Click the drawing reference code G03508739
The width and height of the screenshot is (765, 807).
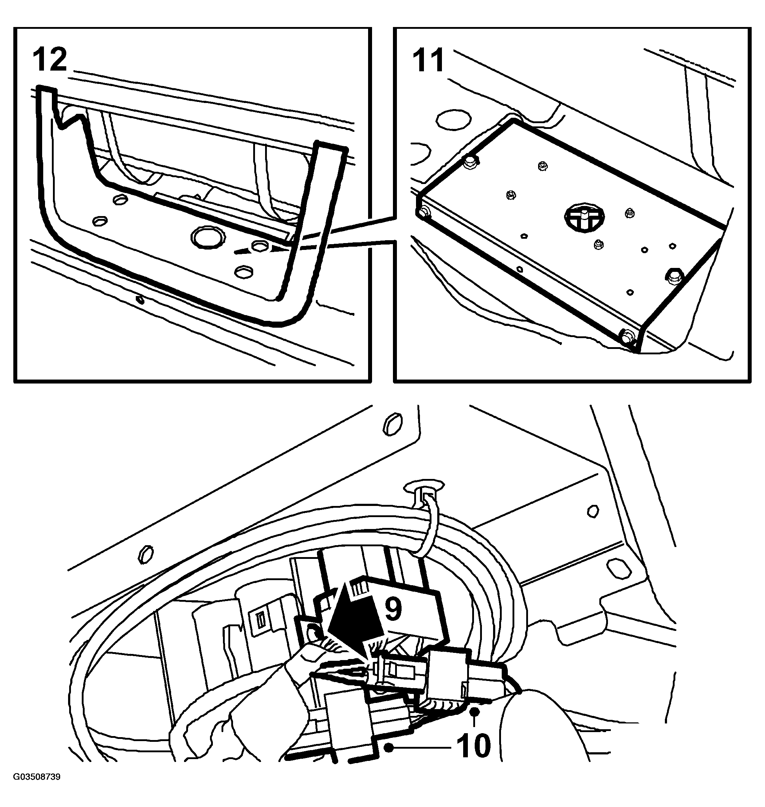point(37,777)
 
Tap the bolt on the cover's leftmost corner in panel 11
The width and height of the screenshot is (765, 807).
point(424,211)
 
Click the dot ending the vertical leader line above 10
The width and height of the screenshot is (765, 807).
point(474,712)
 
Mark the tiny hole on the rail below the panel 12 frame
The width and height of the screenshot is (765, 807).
point(140,300)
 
